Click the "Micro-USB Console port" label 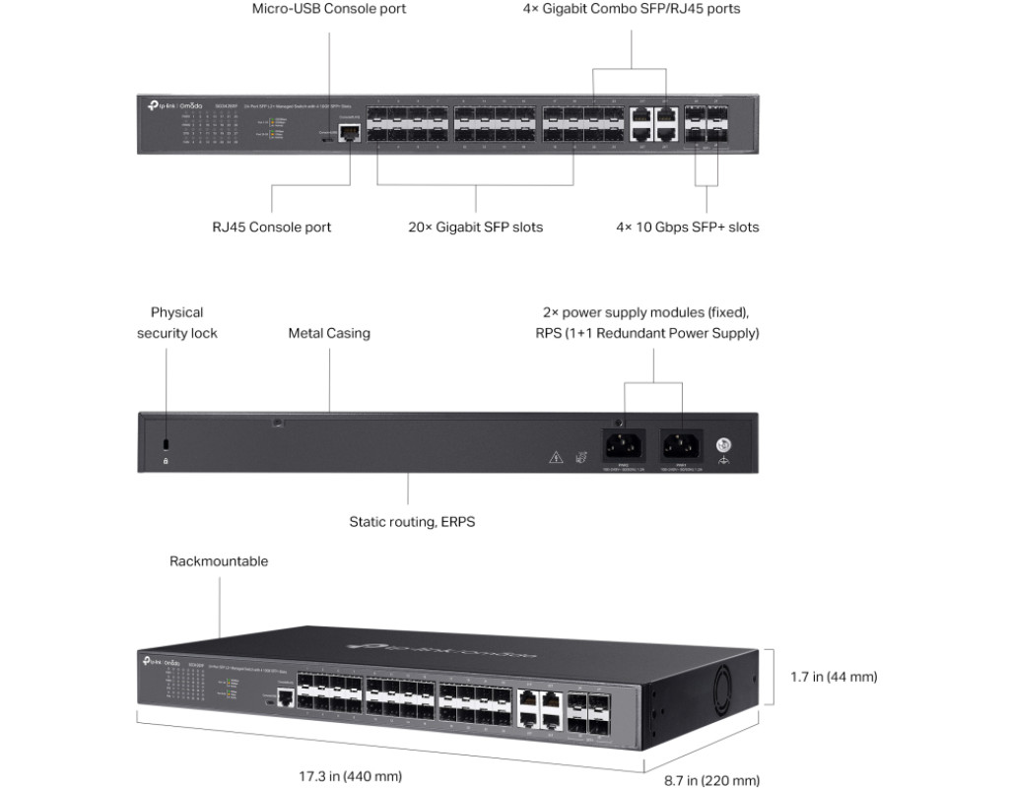point(328,9)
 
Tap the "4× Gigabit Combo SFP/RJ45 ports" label point(631,9)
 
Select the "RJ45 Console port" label point(272,228)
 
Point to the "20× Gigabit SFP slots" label point(476,228)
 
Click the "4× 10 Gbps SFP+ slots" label point(688,228)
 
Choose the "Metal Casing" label point(329,334)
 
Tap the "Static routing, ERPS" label point(412,522)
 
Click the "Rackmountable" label point(219,562)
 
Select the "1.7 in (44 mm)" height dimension point(834,677)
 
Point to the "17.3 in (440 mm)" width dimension point(351,776)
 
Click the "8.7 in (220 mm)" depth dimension point(711,780)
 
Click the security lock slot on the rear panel point(166,442)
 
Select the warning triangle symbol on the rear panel point(556,456)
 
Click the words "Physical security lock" point(177,323)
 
